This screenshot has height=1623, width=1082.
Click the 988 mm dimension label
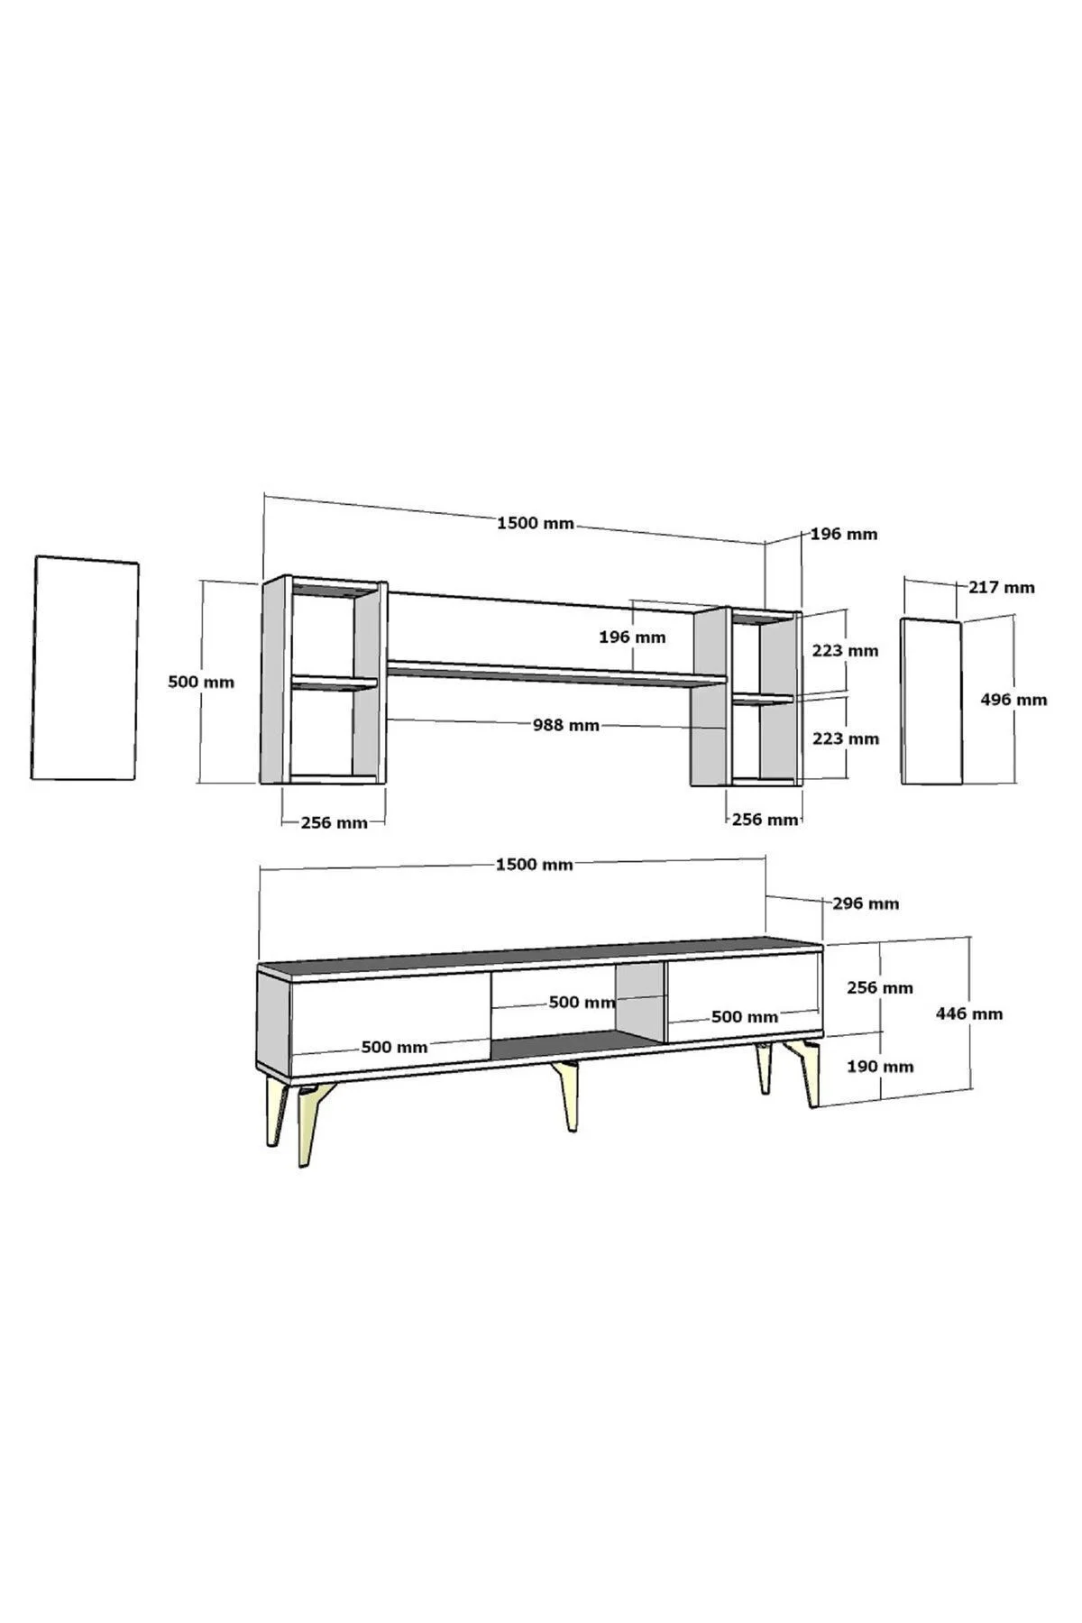565,724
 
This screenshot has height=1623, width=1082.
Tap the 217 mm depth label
1002,587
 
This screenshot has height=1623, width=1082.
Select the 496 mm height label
1014,699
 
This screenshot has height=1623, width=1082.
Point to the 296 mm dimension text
866,903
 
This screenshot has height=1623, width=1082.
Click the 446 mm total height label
969,1013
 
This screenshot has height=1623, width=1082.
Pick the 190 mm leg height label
880,1067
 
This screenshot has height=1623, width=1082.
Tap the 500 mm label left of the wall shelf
201,682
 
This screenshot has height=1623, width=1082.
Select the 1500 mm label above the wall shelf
536,523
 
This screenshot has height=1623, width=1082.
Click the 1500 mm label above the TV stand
535,865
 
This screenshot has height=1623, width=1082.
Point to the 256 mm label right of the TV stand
880,987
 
